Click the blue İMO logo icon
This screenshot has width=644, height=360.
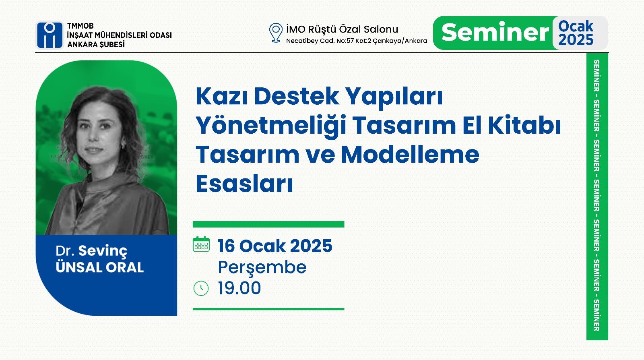(x=50, y=35)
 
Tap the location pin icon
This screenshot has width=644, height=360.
(x=276, y=33)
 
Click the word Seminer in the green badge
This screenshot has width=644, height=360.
(x=495, y=32)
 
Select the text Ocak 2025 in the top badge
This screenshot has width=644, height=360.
(x=576, y=33)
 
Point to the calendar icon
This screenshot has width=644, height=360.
(x=201, y=244)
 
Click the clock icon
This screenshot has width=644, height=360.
(x=201, y=288)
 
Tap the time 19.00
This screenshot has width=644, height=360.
(x=239, y=288)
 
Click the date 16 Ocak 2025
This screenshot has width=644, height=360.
(x=275, y=246)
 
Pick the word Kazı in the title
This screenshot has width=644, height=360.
(x=222, y=96)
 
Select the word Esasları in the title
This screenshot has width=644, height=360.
(x=244, y=184)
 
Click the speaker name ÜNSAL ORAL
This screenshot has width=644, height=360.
(x=99, y=267)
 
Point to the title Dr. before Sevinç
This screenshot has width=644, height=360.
(x=65, y=251)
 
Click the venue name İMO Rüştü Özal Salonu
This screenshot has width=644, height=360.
(x=342, y=29)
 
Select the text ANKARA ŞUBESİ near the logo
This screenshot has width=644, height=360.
(x=96, y=44)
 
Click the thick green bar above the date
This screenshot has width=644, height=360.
(x=268, y=224)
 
